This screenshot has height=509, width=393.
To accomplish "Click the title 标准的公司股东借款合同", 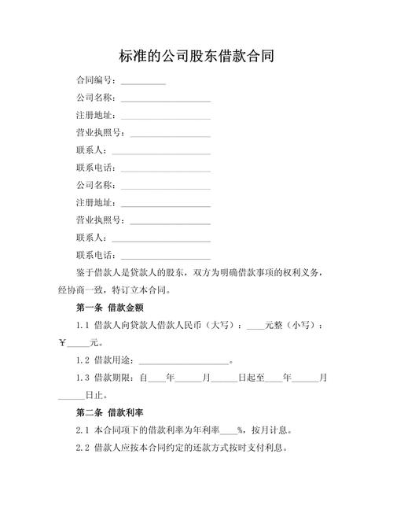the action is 196,57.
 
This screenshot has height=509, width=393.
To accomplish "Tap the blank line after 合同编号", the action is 143,82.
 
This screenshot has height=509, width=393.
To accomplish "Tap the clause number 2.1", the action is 83,430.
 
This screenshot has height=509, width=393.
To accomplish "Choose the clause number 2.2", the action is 83,448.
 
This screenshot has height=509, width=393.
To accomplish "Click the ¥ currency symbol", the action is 63,343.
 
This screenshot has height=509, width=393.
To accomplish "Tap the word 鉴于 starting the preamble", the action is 84,273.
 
